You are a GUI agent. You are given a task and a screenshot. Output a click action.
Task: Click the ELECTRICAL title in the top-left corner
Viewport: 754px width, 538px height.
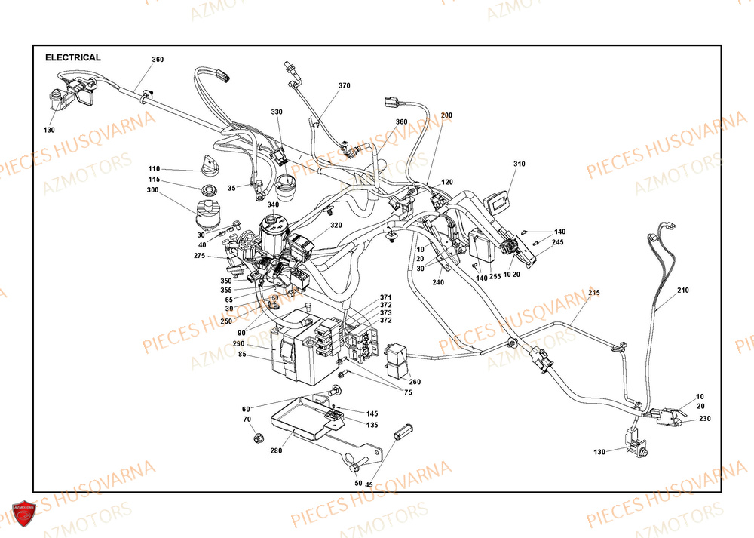click(73, 57)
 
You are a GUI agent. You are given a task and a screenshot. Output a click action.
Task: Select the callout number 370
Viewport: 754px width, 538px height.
click(344, 86)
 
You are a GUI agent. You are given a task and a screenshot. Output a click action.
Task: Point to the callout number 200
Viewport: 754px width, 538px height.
click(446, 115)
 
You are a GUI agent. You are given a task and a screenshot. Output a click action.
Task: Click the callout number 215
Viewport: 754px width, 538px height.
click(593, 292)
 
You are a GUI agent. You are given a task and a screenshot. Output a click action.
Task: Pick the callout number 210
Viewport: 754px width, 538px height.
click(682, 290)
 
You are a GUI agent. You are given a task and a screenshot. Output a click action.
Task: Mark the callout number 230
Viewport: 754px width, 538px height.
click(704, 418)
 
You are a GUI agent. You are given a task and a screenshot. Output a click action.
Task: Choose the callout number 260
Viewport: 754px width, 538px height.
click(415, 382)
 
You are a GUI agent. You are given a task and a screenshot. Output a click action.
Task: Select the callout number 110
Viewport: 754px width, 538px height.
click(154, 168)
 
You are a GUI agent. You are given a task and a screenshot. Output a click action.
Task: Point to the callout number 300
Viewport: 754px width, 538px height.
click(154, 190)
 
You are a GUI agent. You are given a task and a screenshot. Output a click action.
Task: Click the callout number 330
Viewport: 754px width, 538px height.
click(277, 112)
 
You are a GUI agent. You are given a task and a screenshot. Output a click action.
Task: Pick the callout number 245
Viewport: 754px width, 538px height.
click(557, 242)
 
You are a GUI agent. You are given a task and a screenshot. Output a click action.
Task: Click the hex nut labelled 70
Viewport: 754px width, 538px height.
click(256, 436)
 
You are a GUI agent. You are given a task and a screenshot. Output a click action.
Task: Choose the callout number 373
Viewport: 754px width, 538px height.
click(385, 312)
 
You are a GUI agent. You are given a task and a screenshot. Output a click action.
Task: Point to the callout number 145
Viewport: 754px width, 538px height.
click(372, 413)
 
